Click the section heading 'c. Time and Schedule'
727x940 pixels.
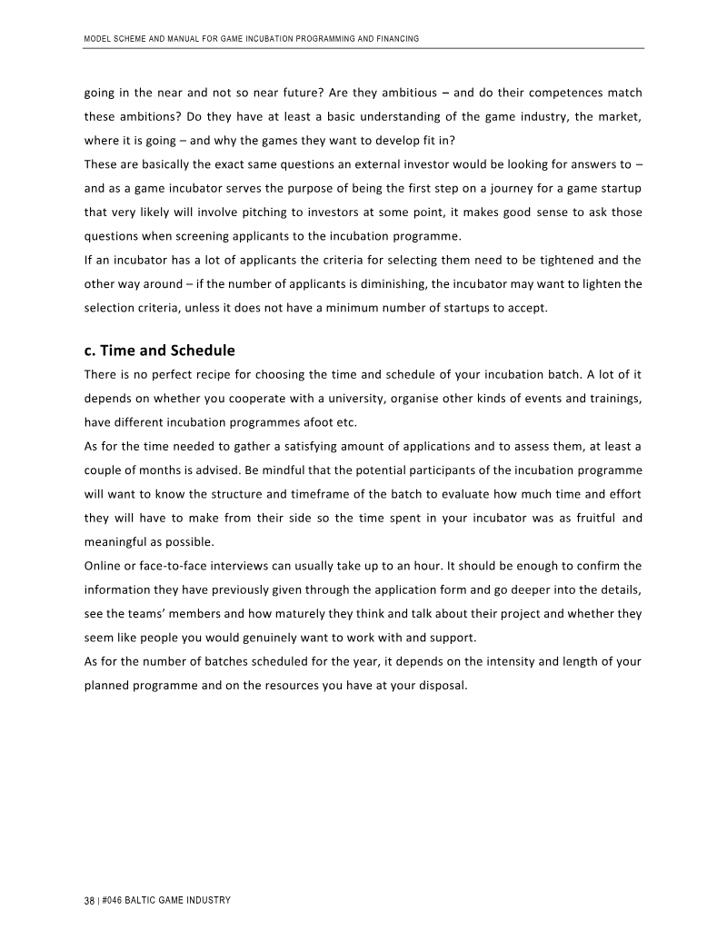[159, 351]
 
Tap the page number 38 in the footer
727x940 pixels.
[89, 901]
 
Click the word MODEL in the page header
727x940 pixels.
[97, 39]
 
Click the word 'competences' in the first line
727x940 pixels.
[557, 94]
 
